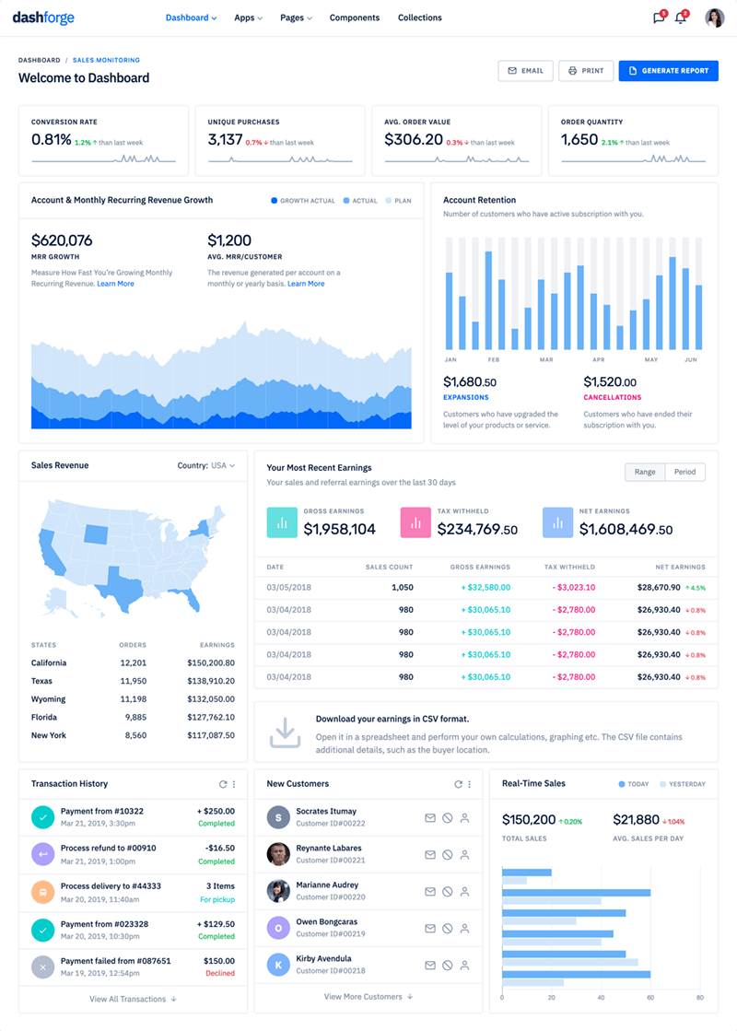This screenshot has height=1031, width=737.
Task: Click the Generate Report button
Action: pyautogui.click(x=668, y=71)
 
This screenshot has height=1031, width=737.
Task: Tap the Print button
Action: pyautogui.click(x=586, y=71)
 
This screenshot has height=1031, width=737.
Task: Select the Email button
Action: pyautogui.click(x=526, y=71)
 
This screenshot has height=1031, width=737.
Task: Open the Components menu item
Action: pyautogui.click(x=354, y=18)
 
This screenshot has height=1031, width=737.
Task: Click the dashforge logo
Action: pyautogui.click(x=43, y=18)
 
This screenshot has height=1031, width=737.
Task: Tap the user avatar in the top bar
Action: pyautogui.click(x=714, y=18)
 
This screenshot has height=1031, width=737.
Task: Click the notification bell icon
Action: pyautogui.click(x=681, y=18)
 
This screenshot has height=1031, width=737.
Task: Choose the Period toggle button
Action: pyautogui.click(x=684, y=472)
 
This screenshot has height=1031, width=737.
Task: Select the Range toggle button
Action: pyautogui.click(x=645, y=472)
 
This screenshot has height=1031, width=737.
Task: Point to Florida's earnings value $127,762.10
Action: pyautogui.click(x=211, y=717)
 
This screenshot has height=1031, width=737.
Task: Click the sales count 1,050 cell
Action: pyautogui.click(x=402, y=587)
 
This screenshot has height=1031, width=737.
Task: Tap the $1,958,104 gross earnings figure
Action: pyautogui.click(x=339, y=529)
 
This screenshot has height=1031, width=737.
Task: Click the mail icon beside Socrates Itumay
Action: pyautogui.click(x=429, y=817)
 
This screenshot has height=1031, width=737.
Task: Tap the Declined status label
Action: pyautogui.click(x=219, y=973)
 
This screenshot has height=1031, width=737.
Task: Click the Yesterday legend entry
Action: pyautogui.click(x=683, y=784)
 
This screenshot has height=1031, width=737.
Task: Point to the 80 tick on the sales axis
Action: pyautogui.click(x=700, y=997)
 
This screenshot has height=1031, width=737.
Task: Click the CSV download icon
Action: pyautogui.click(x=285, y=732)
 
